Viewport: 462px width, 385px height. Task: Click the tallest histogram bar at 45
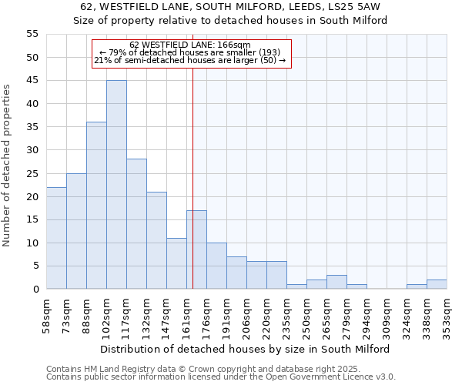[116, 185]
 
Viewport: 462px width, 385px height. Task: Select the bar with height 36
[96, 206]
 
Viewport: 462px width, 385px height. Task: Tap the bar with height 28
[136, 224]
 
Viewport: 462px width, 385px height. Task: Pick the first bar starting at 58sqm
[56, 238]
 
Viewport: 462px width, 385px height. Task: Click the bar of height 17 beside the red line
[196, 249]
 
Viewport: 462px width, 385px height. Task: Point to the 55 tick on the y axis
[32, 34]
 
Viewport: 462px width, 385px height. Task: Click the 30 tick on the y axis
[32, 150]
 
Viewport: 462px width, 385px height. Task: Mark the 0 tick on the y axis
[35, 290]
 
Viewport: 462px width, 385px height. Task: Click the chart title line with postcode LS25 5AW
[230, 7]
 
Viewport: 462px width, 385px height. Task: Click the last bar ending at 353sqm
[437, 284]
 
